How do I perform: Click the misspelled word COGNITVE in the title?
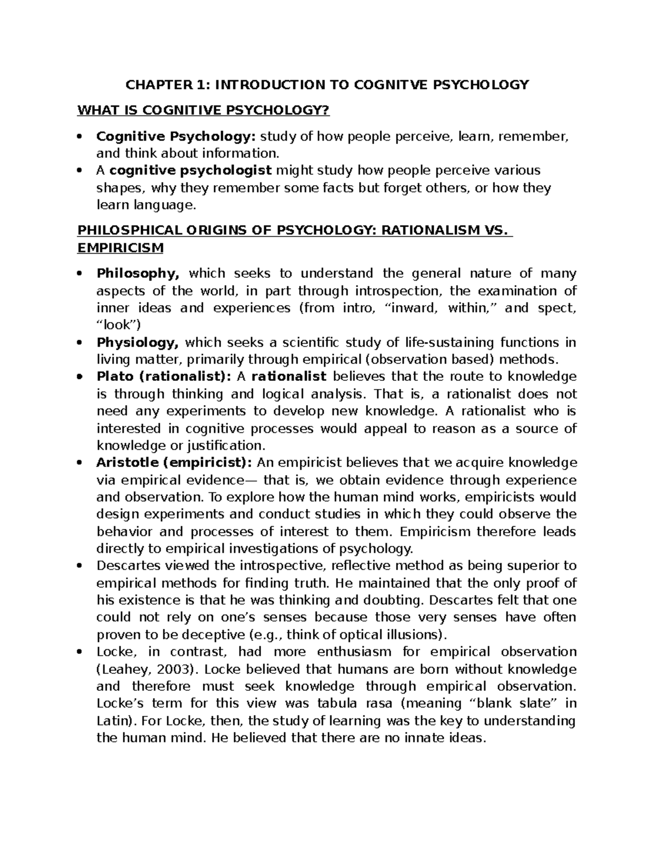tap(388, 84)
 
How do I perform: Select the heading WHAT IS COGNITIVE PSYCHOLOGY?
tap(204, 111)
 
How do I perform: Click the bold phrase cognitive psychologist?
tap(190, 171)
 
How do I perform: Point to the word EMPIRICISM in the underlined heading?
tap(120, 248)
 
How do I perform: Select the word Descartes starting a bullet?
tap(123, 566)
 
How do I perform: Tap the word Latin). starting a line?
tap(116, 721)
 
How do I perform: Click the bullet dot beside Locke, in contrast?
tap(80, 652)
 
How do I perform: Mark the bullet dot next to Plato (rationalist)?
tap(80, 377)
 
